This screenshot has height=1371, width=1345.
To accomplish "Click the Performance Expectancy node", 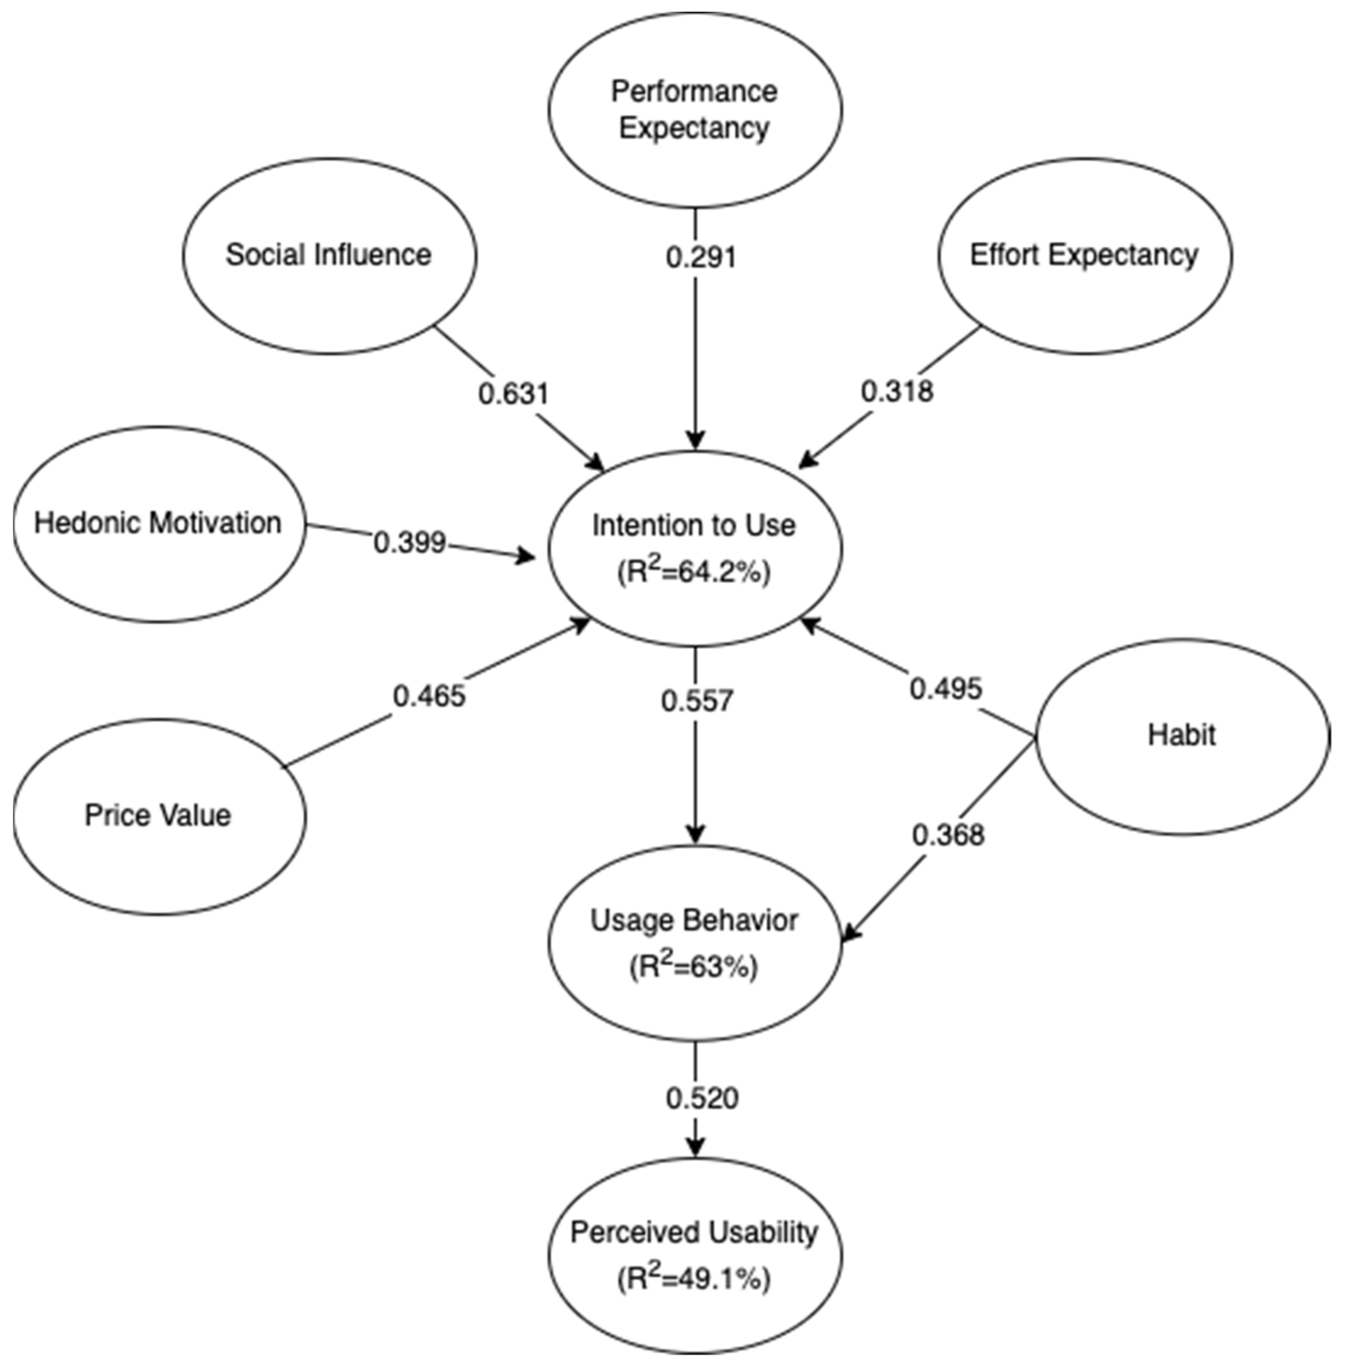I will [695, 110].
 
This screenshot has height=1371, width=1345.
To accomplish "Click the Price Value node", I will [158, 816].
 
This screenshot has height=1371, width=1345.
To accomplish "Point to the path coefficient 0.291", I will [701, 257].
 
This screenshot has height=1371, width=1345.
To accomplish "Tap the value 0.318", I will [897, 391].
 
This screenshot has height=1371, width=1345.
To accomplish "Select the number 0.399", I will [409, 543].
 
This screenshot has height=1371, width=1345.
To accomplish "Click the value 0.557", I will [697, 701].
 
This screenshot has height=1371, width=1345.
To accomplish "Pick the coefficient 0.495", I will [946, 689].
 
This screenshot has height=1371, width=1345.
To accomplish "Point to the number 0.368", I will [948, 836].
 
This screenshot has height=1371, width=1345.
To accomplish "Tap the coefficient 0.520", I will [702, 1098].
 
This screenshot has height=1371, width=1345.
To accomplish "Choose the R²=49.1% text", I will [694, 1279].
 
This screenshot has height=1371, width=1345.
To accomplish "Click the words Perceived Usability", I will [694, 1232].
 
